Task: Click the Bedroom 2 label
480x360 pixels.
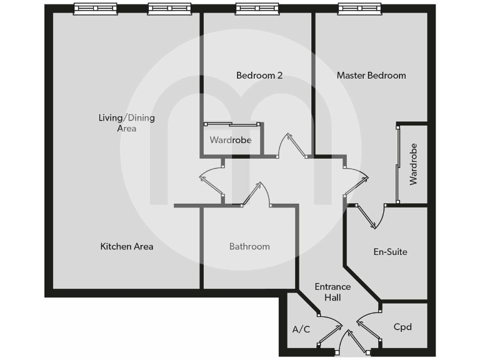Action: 259,76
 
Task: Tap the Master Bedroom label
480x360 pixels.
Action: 371,76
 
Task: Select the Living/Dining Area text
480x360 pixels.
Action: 127,122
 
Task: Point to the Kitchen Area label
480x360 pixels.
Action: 127,246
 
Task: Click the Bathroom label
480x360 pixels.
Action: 249,246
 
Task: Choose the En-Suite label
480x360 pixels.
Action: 390,252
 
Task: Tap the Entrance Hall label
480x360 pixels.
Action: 332,292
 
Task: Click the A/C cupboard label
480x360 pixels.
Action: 301,329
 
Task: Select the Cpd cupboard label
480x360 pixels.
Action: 402,327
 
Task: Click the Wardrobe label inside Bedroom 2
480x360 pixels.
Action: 231,140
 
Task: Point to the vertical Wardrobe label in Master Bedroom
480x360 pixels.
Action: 413,164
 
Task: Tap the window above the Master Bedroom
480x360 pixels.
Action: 356,9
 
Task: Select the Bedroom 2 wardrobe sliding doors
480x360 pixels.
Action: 231,124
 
